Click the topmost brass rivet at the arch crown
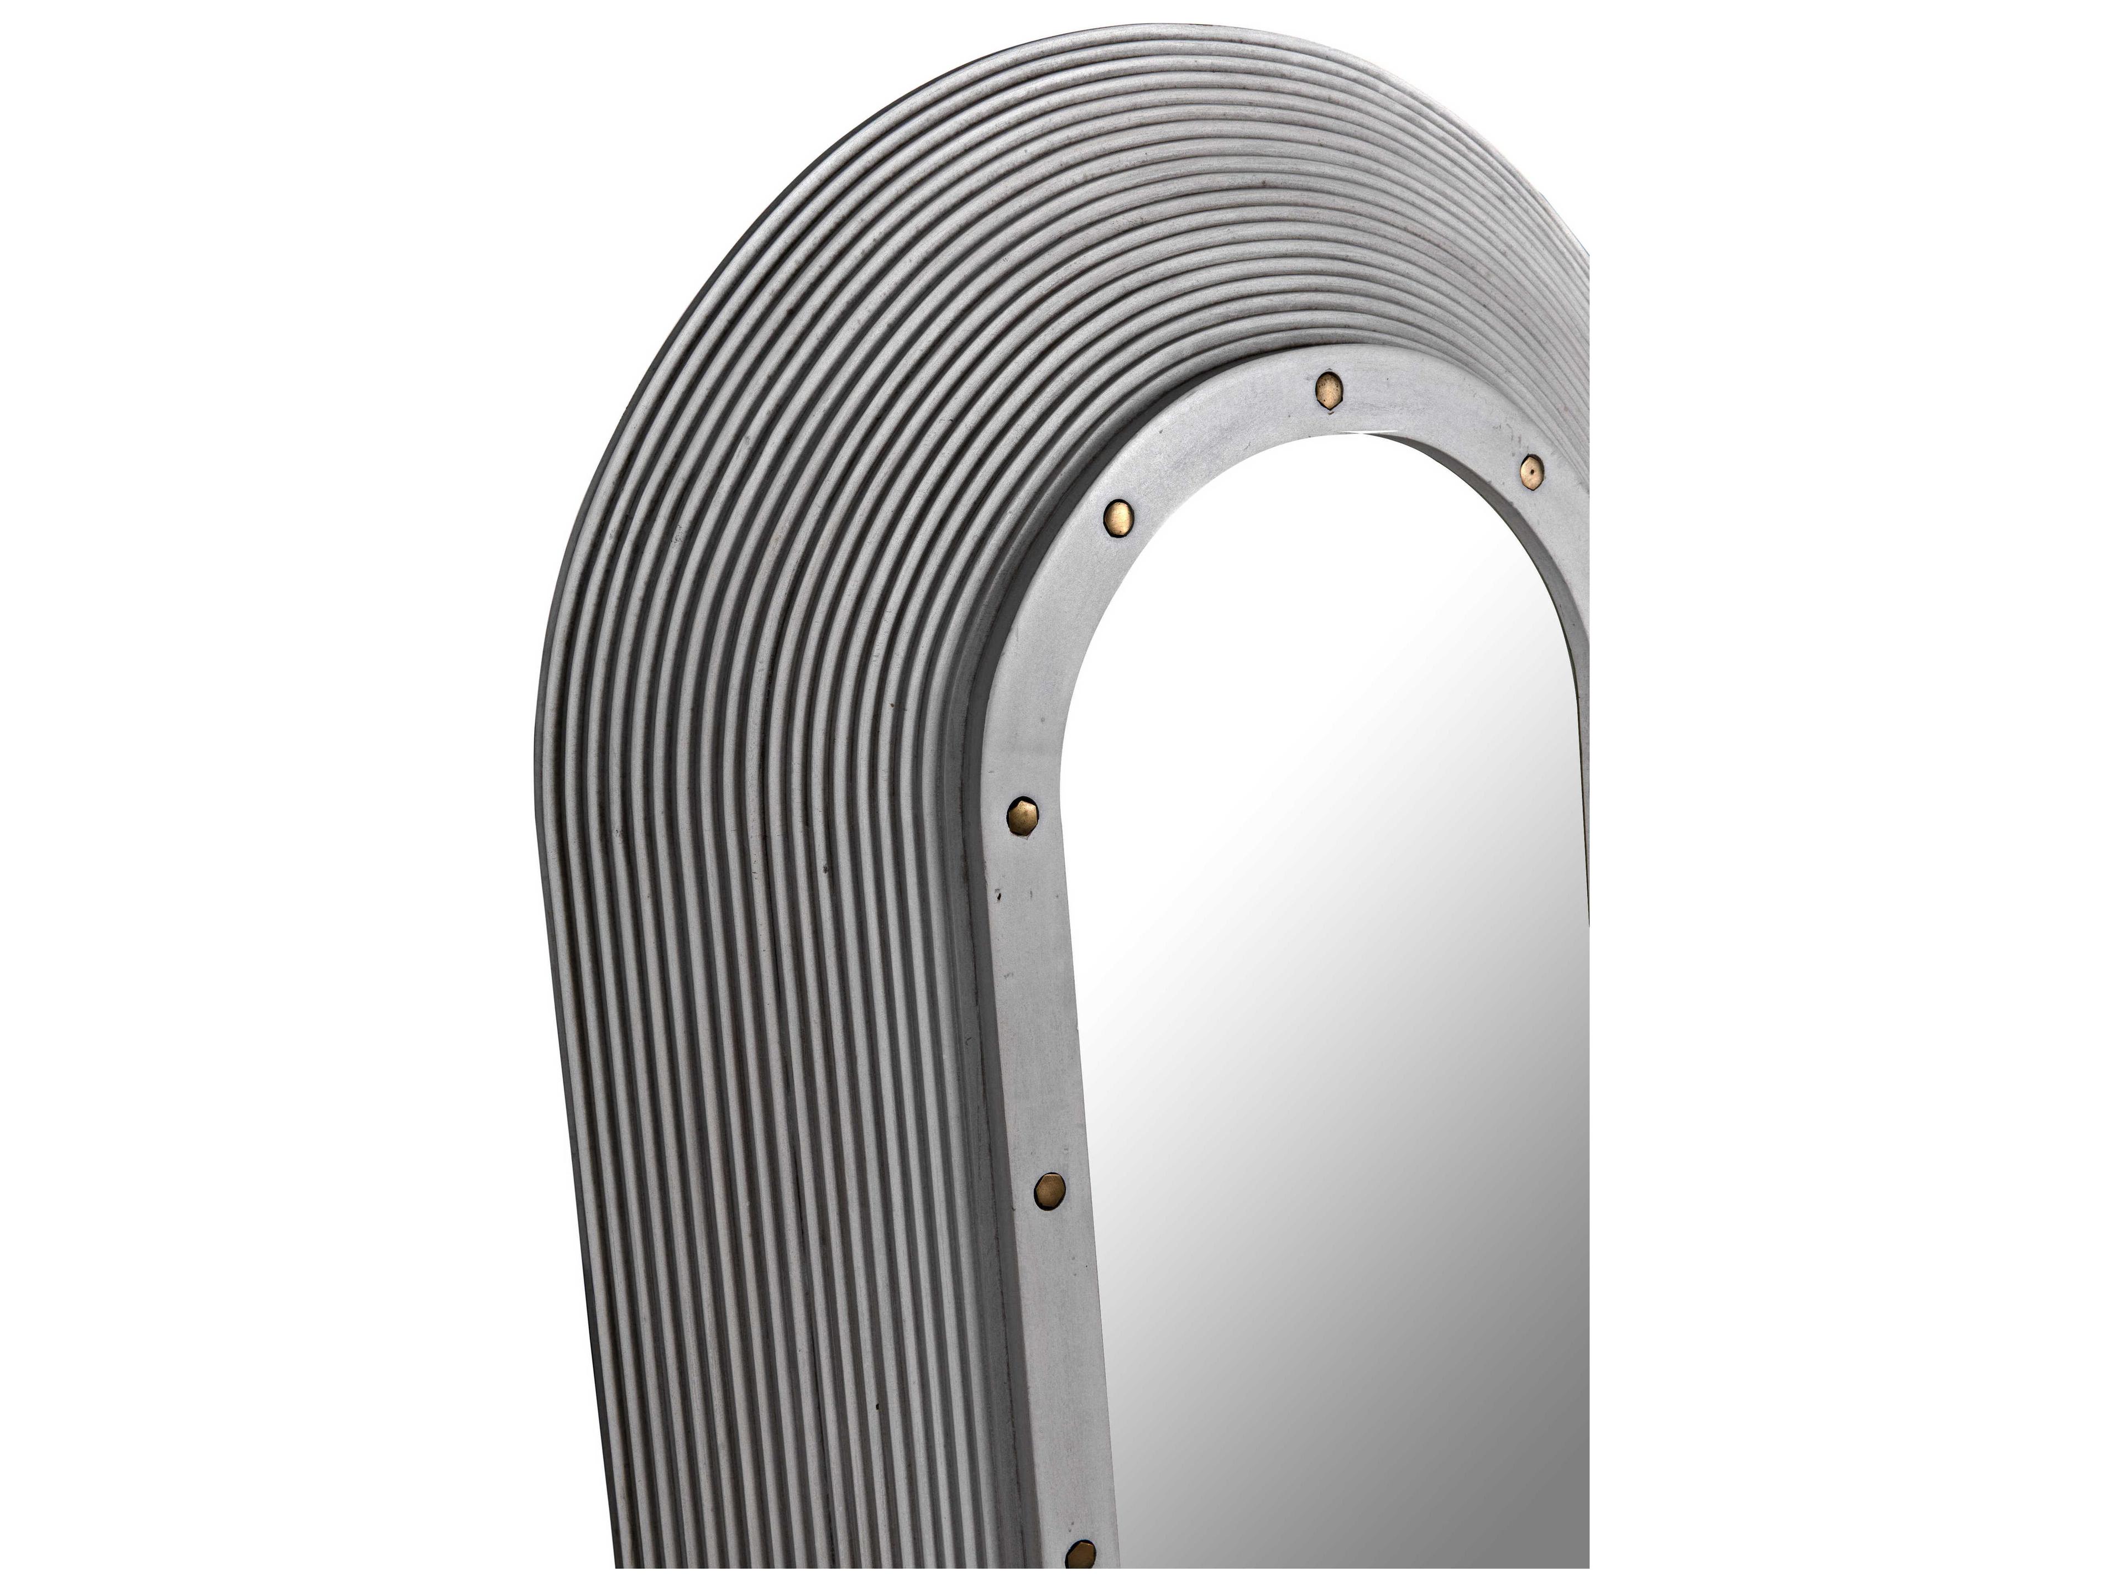(x=1329, y=386)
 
